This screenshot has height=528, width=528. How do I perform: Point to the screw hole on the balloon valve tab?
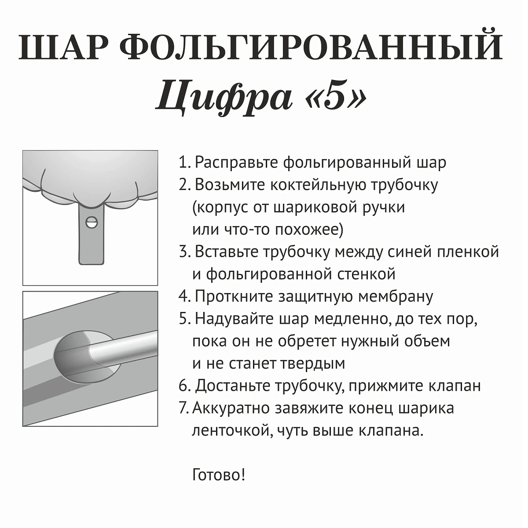(x=92, y=222)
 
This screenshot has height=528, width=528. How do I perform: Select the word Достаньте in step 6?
(x=233, y=386)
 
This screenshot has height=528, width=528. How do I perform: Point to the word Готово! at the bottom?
(x=219, y=475)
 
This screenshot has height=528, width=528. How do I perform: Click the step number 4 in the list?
(x=183, y=297)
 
